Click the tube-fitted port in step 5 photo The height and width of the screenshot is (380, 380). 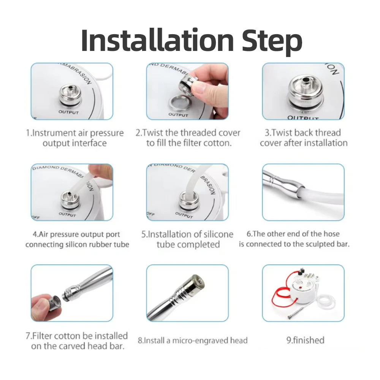pos(187,199)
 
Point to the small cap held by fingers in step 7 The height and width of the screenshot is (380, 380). pos(53,303)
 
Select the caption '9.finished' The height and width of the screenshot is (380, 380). pos(305,340)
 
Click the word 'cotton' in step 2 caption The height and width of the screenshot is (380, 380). pos(215,143)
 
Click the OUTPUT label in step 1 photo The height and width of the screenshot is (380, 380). pos(69,112)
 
